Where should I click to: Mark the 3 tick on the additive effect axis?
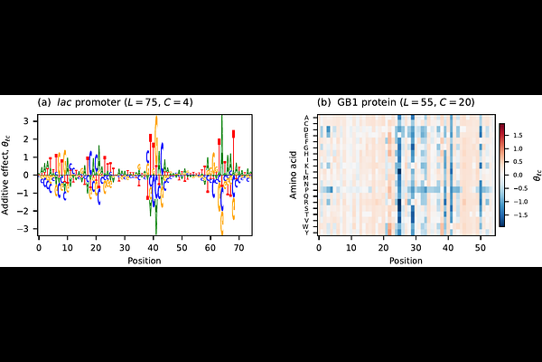pyautogui.click(x=28, y=119)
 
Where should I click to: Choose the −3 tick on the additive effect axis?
pyautogui.click(x=26, y=229)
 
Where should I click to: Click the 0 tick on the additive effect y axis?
pyautogui.click(x=28, y=174)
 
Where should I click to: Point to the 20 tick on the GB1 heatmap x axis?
pyautogui.click(x=381, y=248)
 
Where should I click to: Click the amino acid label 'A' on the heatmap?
pyautogui.click(x=306, y=118)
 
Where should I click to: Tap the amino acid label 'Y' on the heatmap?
pyautogui.click(x=306, y=233)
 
